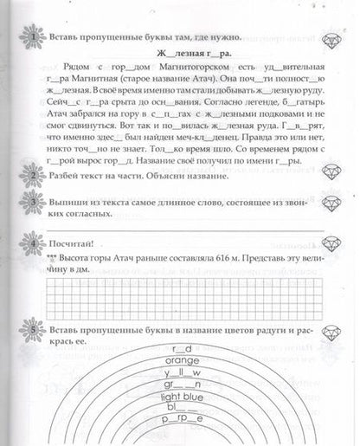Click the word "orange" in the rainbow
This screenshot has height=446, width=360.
(x=181, y=361)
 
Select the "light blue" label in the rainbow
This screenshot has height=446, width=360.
(x=181, y=396)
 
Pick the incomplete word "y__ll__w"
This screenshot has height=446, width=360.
(x=181, y=372)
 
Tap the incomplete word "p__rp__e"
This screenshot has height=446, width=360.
(x=183, y=418)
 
